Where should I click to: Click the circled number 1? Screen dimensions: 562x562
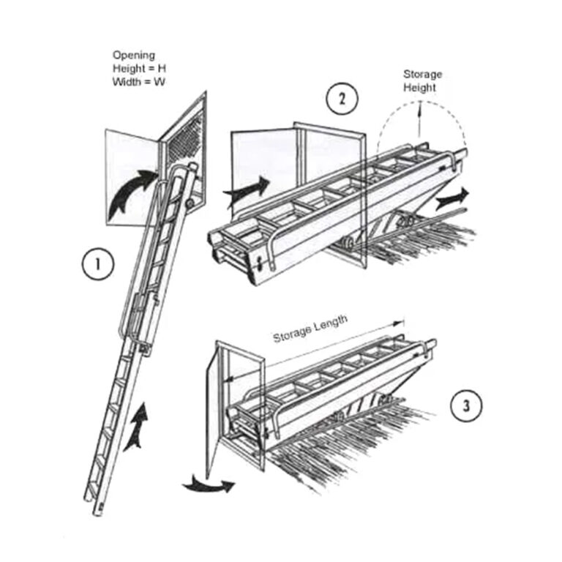[x=98, y=264]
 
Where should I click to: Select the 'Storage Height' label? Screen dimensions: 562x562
[x=422, y=80]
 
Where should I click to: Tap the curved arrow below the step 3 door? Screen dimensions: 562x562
[x=208, y=484]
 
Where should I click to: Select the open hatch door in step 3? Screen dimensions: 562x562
[x=213, y=409]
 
